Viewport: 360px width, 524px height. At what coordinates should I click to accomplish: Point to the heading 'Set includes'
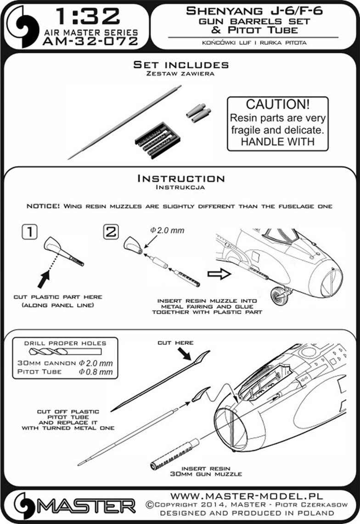tap(180, 65)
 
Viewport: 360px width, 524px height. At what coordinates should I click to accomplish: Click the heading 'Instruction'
tap(180, 178)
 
